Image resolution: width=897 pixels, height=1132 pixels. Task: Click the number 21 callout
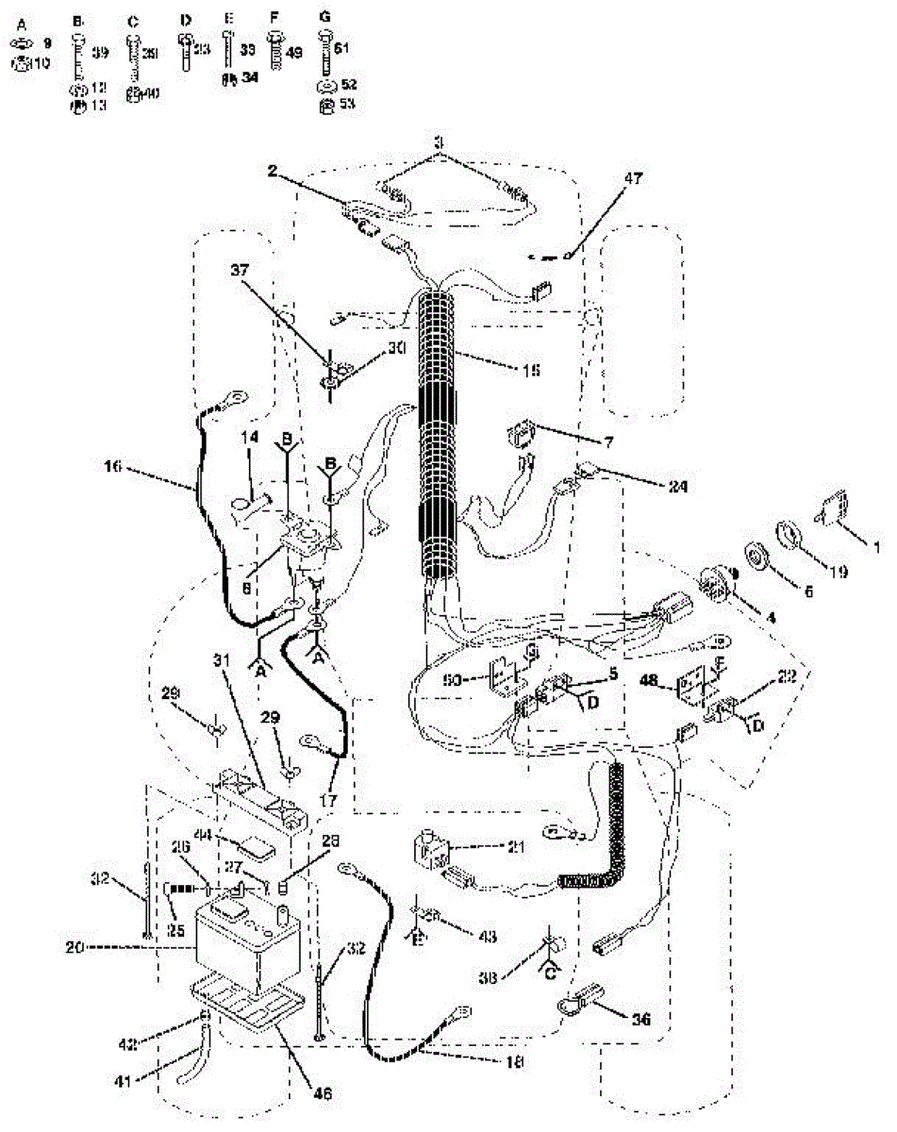click(514, 846)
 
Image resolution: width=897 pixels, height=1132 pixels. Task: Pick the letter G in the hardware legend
click(325, 18)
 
